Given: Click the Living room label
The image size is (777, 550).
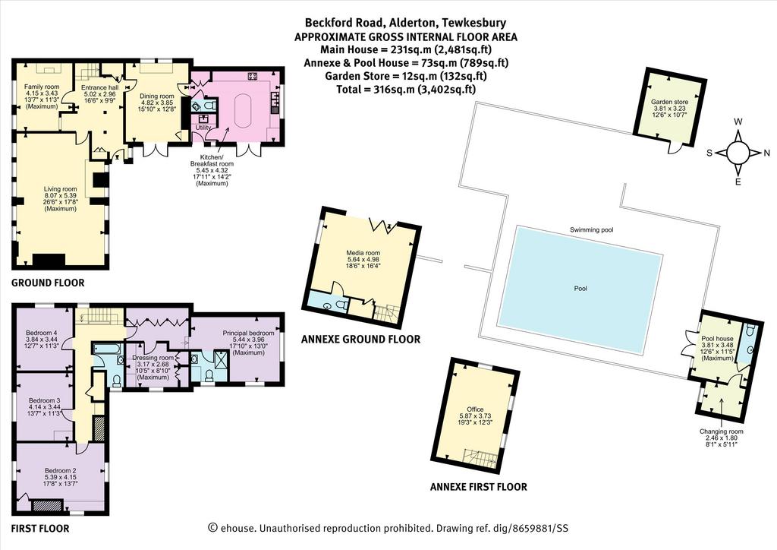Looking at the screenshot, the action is point(61,189).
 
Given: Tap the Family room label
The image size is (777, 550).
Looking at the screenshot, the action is point(42,87).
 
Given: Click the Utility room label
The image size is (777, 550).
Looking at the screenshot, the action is point(203,128).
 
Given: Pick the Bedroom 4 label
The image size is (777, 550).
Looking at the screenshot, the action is point(42,333).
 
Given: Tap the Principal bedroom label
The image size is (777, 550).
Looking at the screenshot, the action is point(248,333).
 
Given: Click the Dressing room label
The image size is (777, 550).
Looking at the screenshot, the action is point(153,358).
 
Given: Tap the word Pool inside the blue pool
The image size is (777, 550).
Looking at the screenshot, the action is point(580,288).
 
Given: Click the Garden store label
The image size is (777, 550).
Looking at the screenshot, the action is point(669,102).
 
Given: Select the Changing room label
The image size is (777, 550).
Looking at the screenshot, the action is point(722,431).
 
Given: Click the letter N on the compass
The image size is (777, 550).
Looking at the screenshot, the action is point(766,153).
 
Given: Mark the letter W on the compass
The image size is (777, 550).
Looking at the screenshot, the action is point(738,122).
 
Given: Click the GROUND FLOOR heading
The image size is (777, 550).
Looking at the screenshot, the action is point(48,283).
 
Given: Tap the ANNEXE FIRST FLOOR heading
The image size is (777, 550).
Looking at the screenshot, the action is point(479,487).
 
